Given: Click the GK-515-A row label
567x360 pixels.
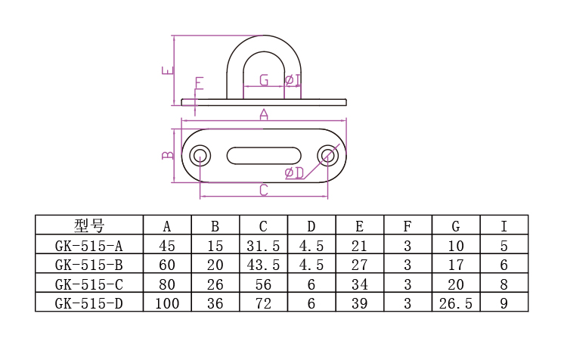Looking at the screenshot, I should point(89,245).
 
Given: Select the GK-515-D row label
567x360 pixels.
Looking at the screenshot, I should point(89,303).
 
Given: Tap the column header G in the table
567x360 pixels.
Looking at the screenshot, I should point(456,225).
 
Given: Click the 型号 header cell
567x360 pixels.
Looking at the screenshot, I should point(89,225).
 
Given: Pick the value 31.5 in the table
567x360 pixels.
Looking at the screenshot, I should point(263,245).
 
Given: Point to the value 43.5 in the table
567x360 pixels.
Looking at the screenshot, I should point(263,265).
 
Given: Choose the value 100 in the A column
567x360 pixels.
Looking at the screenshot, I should point(167,303).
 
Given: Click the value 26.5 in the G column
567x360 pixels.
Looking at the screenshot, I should point(456,303).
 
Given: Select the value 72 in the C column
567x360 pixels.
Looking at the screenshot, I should point(263,303).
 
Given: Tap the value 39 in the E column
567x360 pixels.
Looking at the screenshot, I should point(360,303).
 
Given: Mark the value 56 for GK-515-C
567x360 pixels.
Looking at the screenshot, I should point(263,284).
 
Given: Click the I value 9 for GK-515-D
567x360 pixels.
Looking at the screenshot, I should point(504,303).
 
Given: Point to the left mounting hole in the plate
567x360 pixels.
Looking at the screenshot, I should point(200,156).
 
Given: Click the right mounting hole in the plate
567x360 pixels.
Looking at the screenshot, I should point(328,156).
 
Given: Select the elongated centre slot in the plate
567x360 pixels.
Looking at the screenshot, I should point(264,156).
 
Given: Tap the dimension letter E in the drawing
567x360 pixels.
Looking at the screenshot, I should point(167,72).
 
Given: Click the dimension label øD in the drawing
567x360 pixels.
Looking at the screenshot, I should point(294,173).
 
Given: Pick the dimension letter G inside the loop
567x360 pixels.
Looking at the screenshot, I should point(264,80).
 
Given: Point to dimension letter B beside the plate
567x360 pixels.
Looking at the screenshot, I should point(168,156).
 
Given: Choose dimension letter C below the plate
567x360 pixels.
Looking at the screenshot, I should point(264,190).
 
